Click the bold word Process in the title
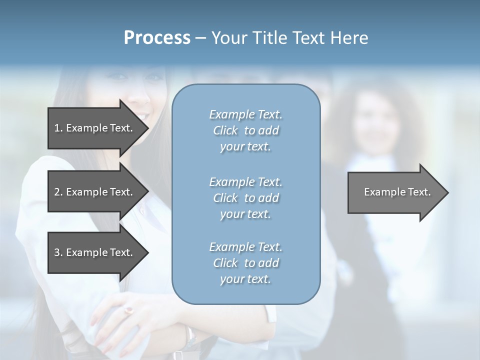click(x=157, y=37)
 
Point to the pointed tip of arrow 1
click(x=147, y=128)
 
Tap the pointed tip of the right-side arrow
click(x=447, y=192)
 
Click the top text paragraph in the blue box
click(x=245, y=130)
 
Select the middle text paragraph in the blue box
click(x=245, y=198)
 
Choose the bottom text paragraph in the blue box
click(x=245, y=263)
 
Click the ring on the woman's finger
click(x=129, y=310)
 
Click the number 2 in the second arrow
click(x=57, y=192)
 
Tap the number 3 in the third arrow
click(x=57, y=252)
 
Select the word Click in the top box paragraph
click(x=225, y=130)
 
